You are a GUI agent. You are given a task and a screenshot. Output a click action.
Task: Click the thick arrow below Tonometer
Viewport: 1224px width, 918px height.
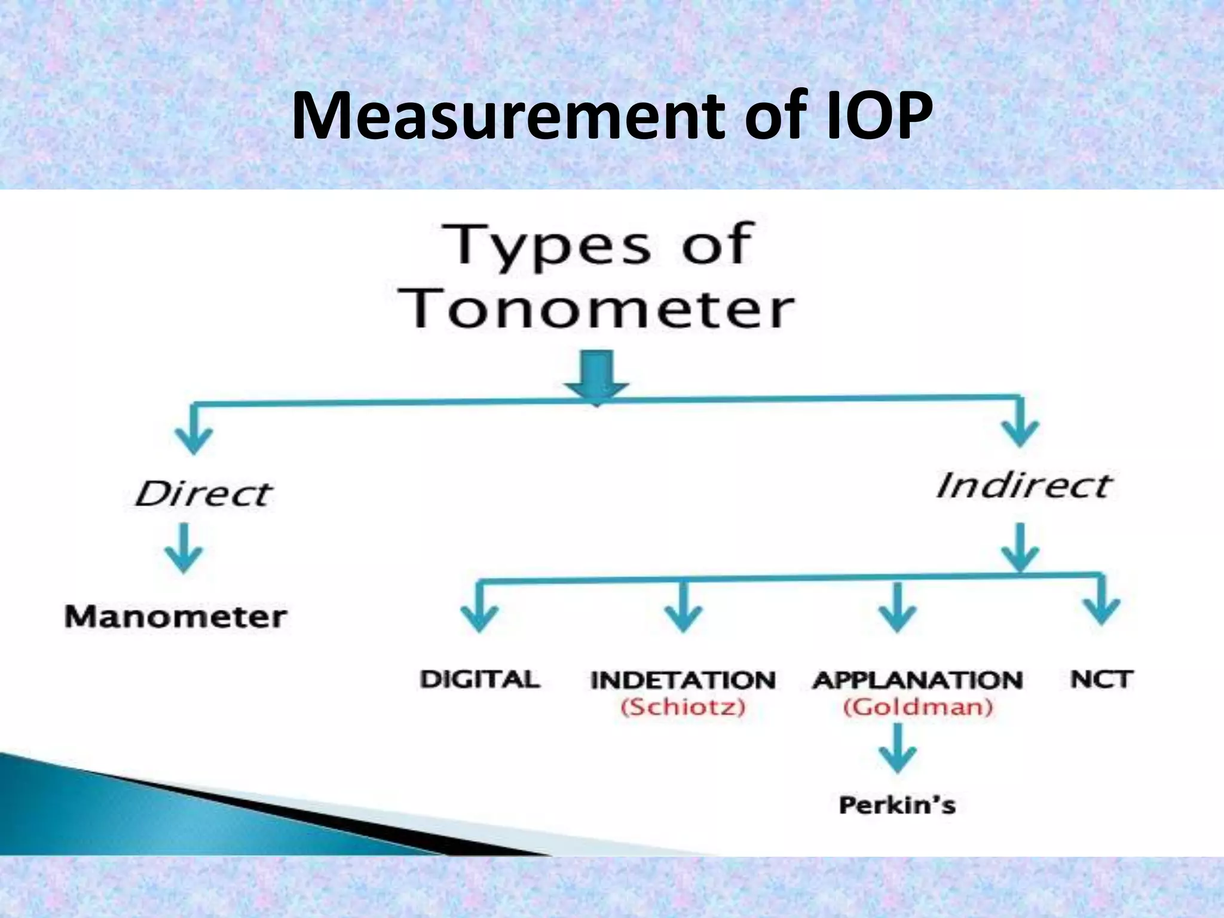597,377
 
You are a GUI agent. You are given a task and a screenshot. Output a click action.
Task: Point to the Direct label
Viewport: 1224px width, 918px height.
203,494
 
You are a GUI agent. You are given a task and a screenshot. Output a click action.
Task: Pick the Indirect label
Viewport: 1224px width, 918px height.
1023,485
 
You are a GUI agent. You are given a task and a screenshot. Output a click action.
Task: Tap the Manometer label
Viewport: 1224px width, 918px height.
176,616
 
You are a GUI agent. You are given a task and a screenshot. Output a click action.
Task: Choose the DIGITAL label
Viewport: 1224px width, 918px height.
480,680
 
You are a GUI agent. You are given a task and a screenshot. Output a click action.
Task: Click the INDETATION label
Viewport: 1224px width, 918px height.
683,680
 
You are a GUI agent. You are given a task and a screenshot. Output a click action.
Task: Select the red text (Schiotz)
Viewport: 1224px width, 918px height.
683,708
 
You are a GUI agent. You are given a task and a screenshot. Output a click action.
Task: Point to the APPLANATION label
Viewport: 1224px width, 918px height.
918,680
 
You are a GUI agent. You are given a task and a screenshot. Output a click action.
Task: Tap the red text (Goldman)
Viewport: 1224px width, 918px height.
918,708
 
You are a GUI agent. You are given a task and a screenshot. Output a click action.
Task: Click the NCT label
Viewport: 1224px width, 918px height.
1101,680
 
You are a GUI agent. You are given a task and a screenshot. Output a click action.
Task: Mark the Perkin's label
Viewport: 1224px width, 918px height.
897,804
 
